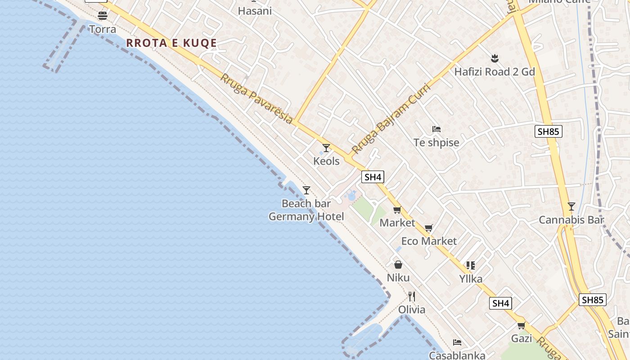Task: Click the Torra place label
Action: click(x=103, y=29)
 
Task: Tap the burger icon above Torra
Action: click(x=103, y=16)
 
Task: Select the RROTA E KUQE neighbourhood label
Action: click(x=171, y=43)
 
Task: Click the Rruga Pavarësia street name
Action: click(x=256, y=99)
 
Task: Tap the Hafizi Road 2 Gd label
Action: click(x=495, y=72)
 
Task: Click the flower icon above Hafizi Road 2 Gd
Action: click(x=495, y=58)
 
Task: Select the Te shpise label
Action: click(x=436, y=143)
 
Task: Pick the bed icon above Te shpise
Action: click(x=436, y=129)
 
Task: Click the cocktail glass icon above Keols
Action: click(x=326, y=148)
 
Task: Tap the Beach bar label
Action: click(x=306, y=203)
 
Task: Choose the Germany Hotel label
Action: click(x=306, y=216)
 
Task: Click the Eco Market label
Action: click(x=428, y=241)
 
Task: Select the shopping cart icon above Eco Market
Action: click(x=428, y=228)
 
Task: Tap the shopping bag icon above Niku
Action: click(x=398, y=265)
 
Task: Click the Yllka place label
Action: click(x=471, y=279)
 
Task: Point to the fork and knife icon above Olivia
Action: click(x=411, y=296)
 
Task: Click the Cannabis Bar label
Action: click(x=571, y=220)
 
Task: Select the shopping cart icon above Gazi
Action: click(x=521, y=325)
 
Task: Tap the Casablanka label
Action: click(x=457, y=355)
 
